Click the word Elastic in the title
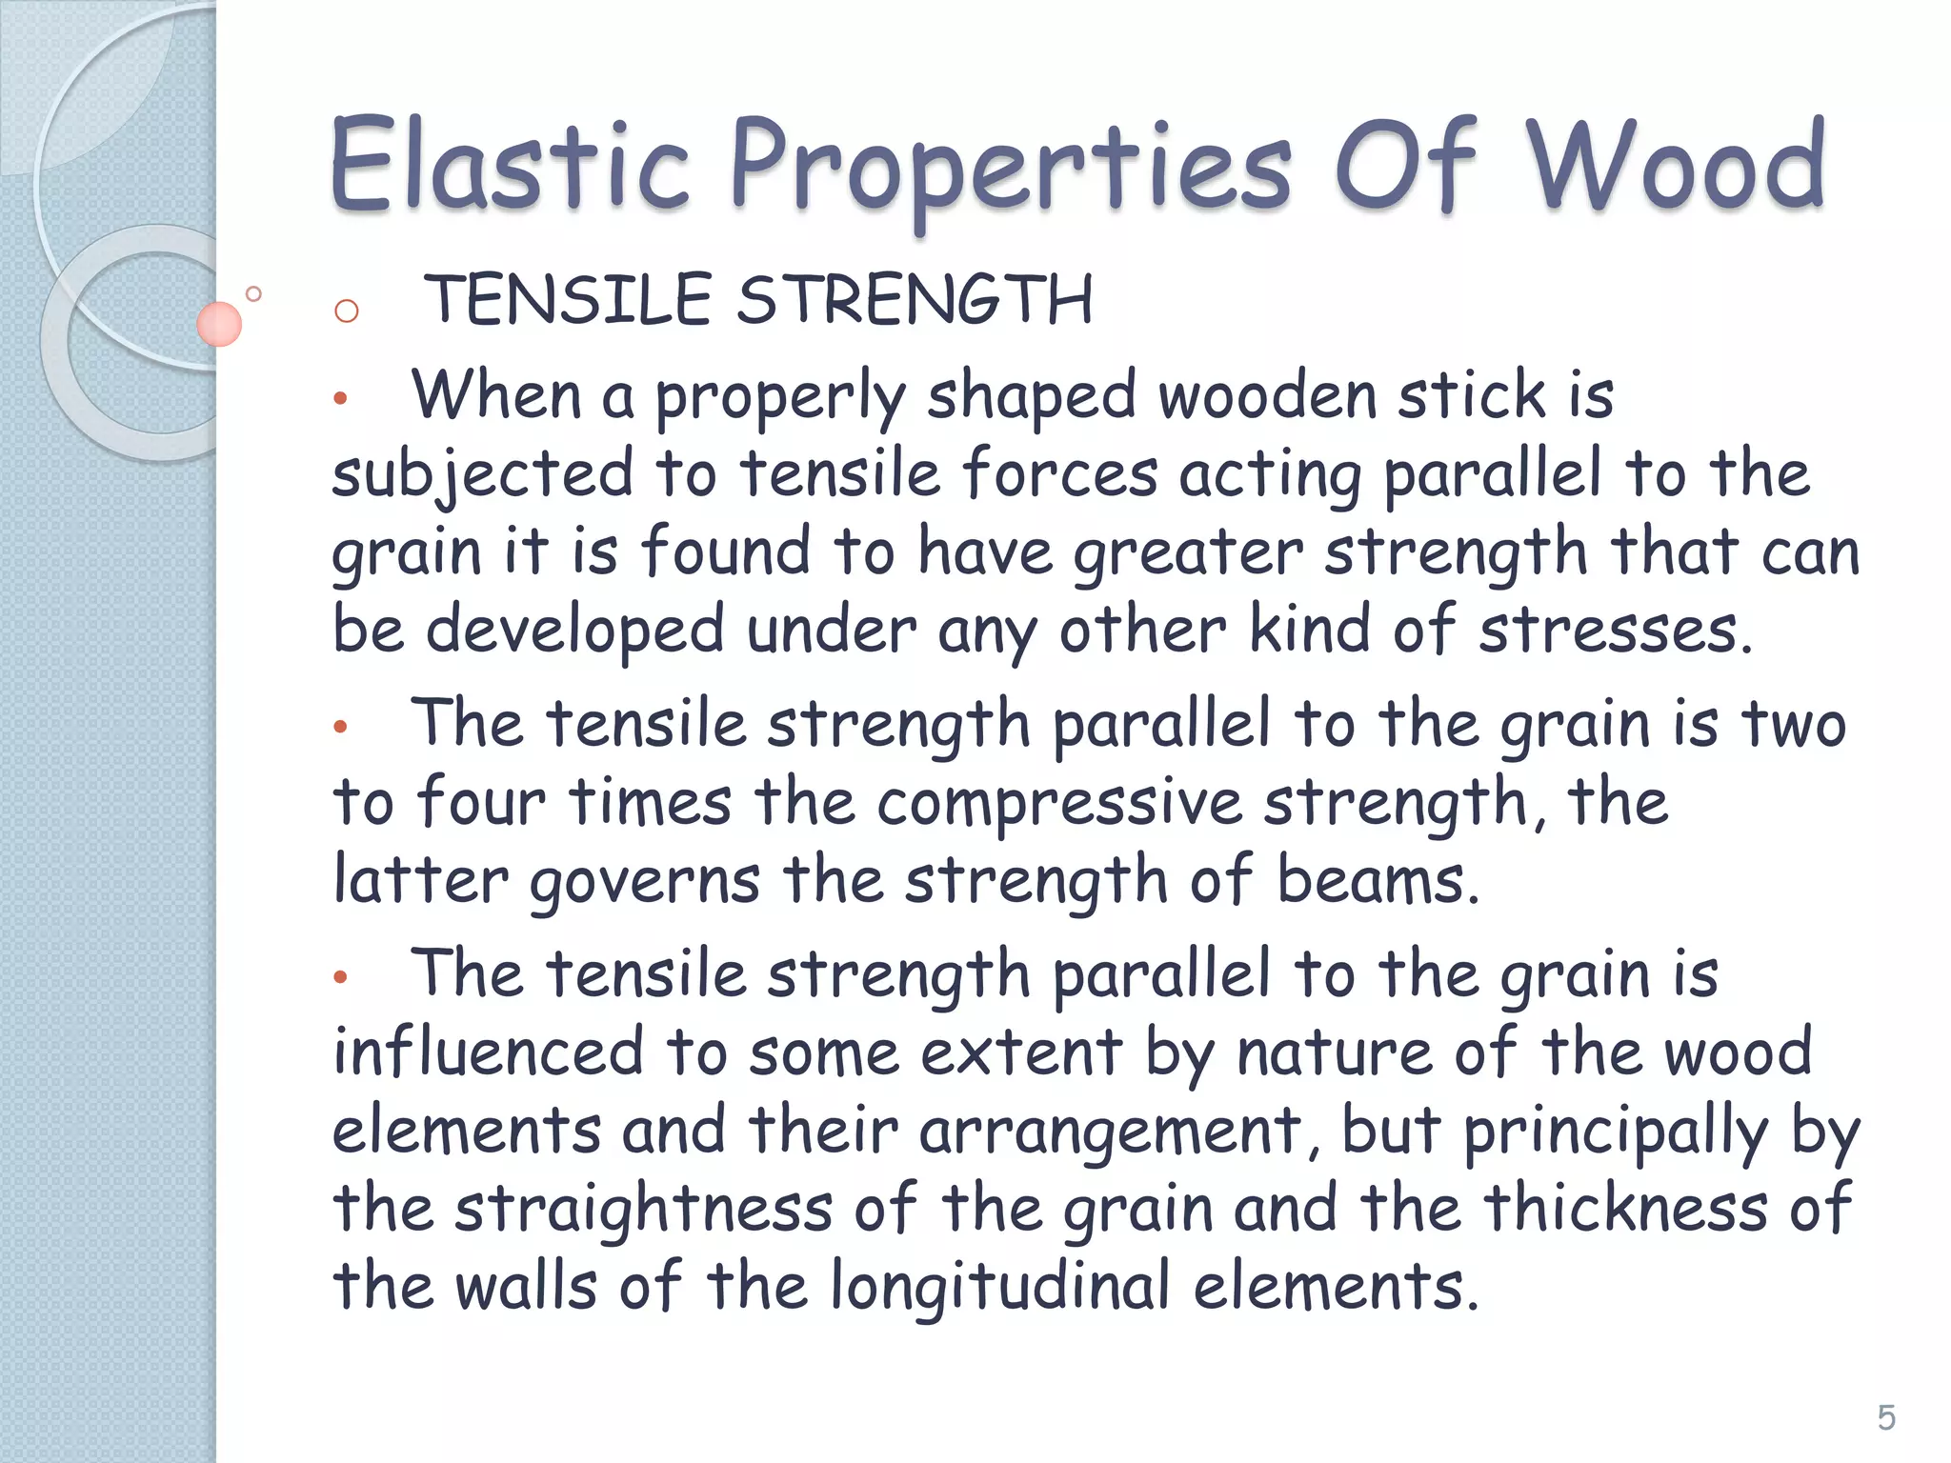coord(509,166)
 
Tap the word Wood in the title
coord(1677,166)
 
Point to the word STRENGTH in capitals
coord(915,300)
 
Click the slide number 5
coord(1885,1418)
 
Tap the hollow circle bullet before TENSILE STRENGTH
coord(347,311)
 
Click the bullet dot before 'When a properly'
coord(340,399)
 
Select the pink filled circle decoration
coord(219,324)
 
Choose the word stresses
coord(1615,631)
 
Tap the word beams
coord(1377,881)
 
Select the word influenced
coord(488,1052)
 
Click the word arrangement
coord(1110,1132)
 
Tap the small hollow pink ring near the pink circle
coord(253,293)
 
